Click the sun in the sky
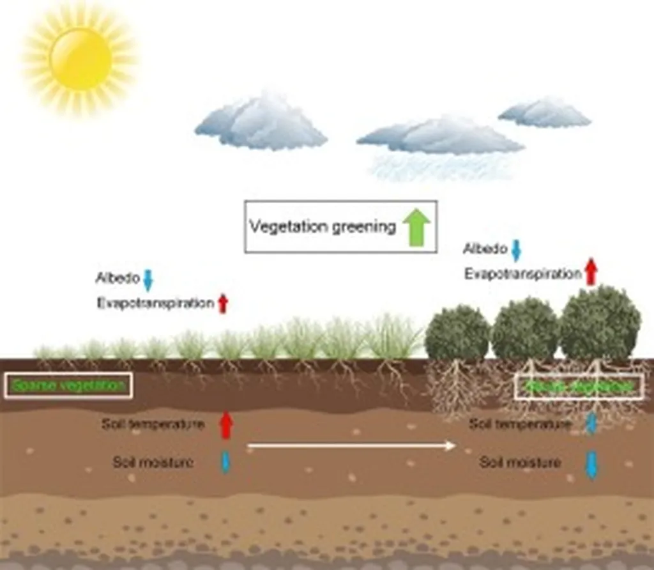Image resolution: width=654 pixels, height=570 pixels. [80, 59]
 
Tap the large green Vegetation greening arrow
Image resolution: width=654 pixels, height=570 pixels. [416, 227]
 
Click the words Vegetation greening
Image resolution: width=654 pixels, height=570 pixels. [323, 227]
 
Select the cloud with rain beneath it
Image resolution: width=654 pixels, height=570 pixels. [441, 137]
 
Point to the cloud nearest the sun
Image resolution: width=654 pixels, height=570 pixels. [262, 123]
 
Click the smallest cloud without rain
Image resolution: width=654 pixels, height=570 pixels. [545, 113]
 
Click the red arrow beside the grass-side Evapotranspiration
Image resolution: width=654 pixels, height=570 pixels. [222, 304]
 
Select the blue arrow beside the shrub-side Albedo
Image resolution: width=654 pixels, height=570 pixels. [516, 250]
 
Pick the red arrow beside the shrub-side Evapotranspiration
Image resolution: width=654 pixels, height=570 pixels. [591, 272]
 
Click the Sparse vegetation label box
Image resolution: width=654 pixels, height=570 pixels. [68, 385]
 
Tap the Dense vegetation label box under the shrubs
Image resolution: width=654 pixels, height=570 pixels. [579, 386]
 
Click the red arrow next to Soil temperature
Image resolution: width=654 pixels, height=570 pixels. [225, 425]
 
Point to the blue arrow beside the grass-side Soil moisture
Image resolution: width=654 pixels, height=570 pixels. [225, 462]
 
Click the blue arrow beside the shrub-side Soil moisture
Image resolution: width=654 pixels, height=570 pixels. [591, 465]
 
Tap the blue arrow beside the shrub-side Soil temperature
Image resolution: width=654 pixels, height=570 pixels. [591, 424]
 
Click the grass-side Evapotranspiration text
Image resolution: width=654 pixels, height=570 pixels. [155, 304]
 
